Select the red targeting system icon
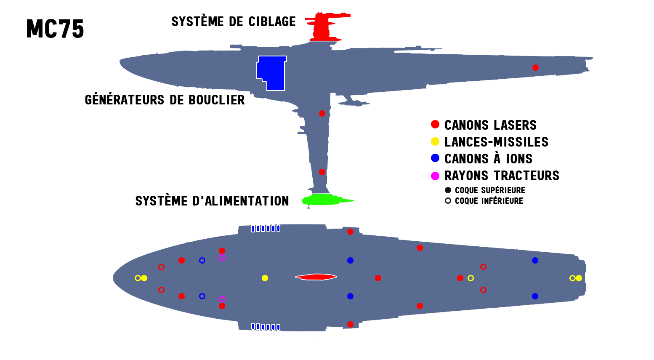tap(327, 27)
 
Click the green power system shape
tap(327, 200)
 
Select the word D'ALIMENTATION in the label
tap(240, 201)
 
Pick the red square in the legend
tap(435, 124)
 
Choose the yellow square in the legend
tap(435, 141)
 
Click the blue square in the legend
tap(435, 158)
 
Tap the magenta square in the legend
tap(435, 176)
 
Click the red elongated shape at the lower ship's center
tap(316, 277)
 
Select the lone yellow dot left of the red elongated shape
tap(265, 278)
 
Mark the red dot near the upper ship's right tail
tap(535, 67)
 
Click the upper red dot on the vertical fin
tap(322, 113)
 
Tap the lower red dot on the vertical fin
tap(322, 172)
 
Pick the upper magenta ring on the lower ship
tap(222, 257)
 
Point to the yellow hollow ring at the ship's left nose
tap(138, 278)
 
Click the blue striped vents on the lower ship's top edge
tap(266, 228)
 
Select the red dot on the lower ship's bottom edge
tap(350, 324)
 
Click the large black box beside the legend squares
tap(502, 150)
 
